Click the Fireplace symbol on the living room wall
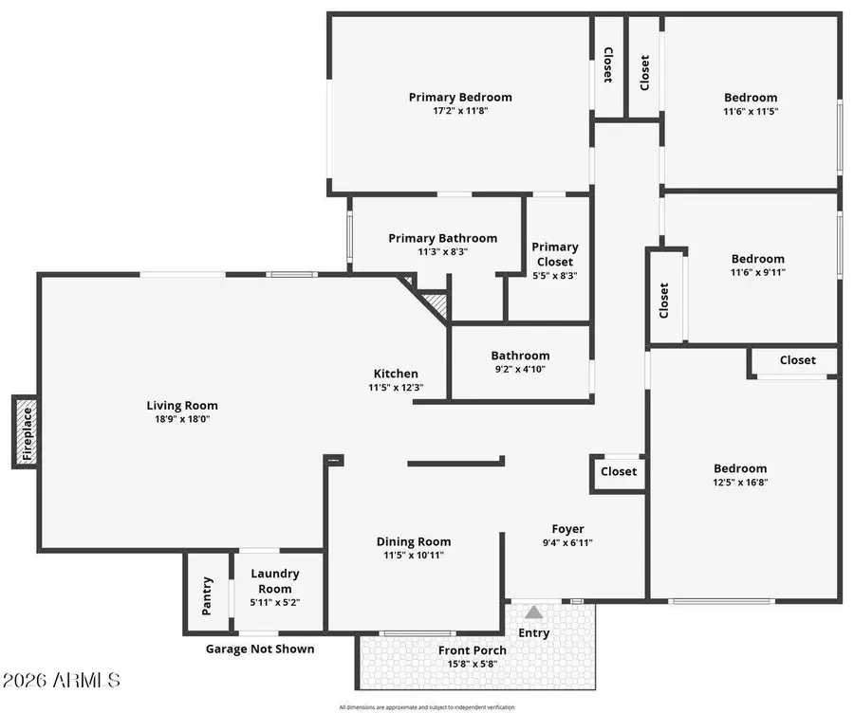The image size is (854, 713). tap(27, 431)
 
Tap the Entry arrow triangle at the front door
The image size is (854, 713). tap(534, 612)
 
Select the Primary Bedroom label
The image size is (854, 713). tap(460, 97)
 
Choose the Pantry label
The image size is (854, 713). tap(207, 594)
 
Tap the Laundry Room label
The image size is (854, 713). tap(274, 580)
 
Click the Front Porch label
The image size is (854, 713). tap(472, 650)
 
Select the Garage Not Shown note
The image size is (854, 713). tap(260, 649)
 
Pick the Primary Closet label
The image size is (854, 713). tap(554, 254)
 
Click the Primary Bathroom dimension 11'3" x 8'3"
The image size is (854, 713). tap(442, 252)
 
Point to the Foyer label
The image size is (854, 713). tap(568, 529)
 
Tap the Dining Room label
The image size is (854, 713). tap(414, 542)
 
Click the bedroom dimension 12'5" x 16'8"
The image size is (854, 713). tap(740, 483)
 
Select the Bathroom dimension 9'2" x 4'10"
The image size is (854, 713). tap(519, 369)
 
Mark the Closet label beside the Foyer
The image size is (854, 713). tap(619, 471)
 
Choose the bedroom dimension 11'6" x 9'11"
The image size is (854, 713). tap(757, 272)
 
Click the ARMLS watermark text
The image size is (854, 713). tap(62, 681)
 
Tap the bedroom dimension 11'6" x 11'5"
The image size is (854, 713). tap(751, 111)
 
